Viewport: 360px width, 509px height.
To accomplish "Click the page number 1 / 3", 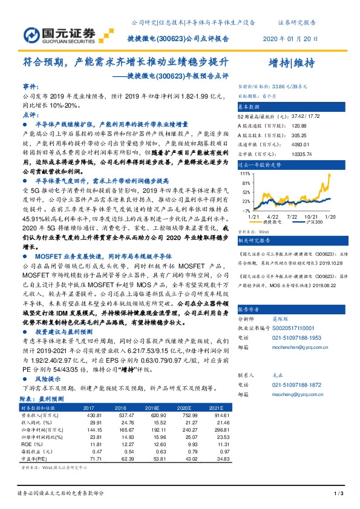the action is [x=339, y=494].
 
